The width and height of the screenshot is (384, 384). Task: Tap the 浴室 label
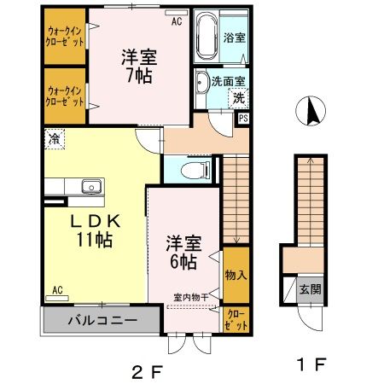[x=234, y=38]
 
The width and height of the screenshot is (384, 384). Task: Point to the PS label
[x=243, y=119]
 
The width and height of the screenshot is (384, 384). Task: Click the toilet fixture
[x=195, y=169]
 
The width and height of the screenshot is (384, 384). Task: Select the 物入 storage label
[x=236, y=275]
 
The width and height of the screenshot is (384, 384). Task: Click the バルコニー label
[x=102, y=322]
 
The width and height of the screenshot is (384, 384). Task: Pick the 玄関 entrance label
[x=310, y=288]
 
